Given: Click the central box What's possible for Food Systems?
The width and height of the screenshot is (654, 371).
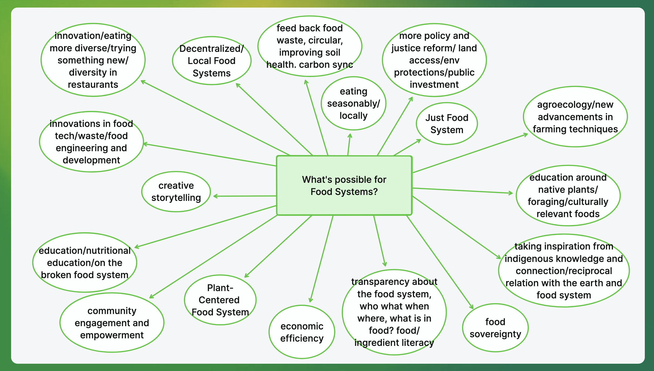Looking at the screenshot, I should [344, 185].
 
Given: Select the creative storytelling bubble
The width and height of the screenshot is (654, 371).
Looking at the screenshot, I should [176, 191].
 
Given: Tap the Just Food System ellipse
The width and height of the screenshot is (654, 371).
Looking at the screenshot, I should [447, 124].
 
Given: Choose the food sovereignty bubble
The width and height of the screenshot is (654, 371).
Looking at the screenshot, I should [495, 328].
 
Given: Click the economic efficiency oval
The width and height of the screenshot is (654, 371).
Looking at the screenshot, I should [302, 332].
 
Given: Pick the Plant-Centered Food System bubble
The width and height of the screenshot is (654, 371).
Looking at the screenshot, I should [220, 300].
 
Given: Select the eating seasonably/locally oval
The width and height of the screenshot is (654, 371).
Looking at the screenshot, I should [353, 103].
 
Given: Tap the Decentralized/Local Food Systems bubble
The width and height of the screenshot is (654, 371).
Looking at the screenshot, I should [212, 61].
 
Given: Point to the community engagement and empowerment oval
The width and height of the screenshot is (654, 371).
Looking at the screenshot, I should [112, 323].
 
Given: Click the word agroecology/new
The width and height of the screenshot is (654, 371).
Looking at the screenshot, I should [575, 105].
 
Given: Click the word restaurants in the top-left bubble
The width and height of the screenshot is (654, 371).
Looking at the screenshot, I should [93, 85].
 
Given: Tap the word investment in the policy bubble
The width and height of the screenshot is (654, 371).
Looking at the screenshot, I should [434, 85].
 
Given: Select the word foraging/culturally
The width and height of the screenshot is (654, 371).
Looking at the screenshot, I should [568, 202].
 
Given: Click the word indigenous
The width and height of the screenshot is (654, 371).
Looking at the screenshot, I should [527, 259].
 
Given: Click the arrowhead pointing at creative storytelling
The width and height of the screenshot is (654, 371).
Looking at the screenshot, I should [215, 196].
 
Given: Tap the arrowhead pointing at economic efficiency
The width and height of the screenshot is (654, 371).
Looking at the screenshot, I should [311, 301].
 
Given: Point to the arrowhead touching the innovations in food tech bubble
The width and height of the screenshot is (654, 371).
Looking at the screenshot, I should [145, 144].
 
